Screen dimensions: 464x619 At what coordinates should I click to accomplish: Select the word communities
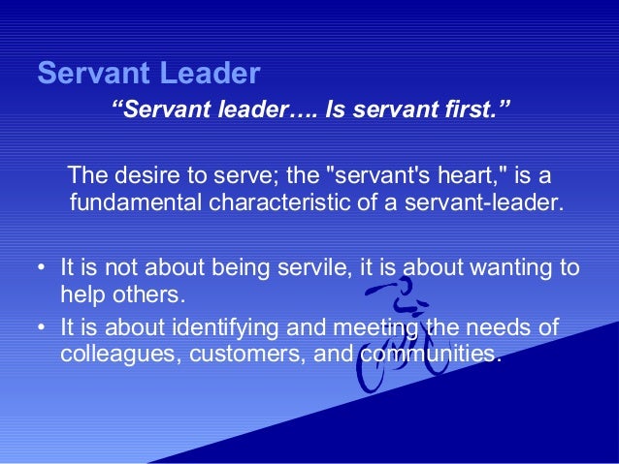point(430,354)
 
